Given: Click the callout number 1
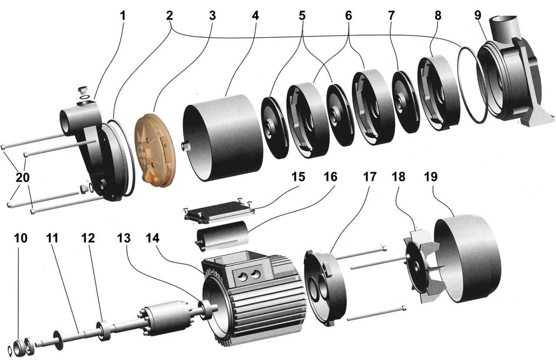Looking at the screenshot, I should point(123,16).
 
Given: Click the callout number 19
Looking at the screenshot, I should point(430,177).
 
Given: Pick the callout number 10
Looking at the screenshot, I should point(21,238).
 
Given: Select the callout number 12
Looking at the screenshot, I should point(88,238).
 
